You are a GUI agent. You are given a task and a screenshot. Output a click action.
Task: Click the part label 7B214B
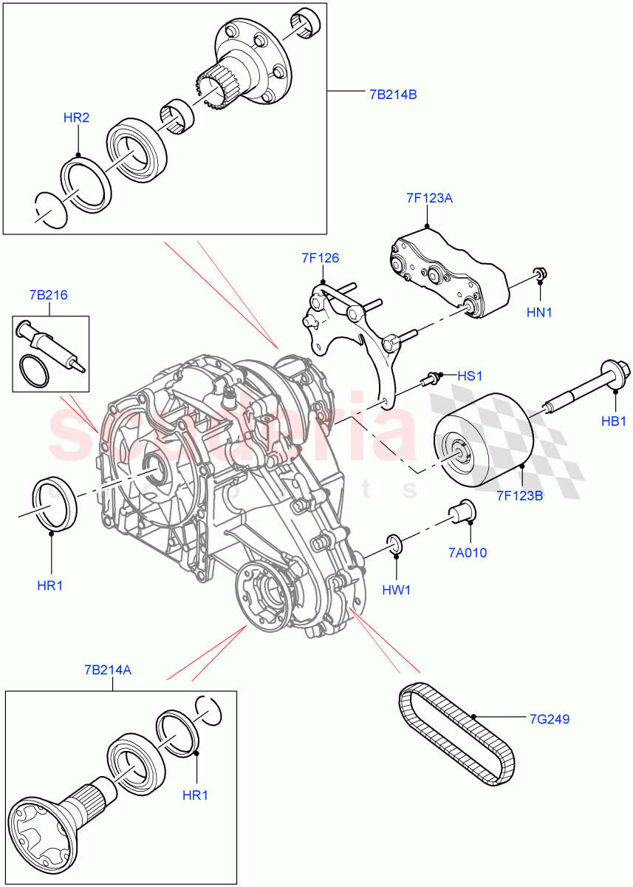[393, 95]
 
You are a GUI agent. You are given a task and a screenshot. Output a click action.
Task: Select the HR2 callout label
[76, 118]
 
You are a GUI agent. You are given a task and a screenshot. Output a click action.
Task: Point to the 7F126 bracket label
[320, 258]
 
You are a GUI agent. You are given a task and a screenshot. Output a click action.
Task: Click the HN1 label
[539, 313]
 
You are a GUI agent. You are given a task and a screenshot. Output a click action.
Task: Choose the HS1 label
[469, 376]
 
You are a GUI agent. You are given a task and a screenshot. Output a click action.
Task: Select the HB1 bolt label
[613, 421]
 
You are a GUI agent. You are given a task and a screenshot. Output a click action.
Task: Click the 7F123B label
[520, 495]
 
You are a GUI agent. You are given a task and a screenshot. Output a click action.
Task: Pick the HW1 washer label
[397, 590]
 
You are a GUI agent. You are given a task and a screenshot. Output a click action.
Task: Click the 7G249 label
[549, 718]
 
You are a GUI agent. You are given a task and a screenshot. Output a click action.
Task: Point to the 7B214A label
[107, 670]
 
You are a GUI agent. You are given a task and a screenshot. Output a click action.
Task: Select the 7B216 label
[49, 295]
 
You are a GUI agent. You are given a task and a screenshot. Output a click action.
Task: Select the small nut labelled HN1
[541, 276]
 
